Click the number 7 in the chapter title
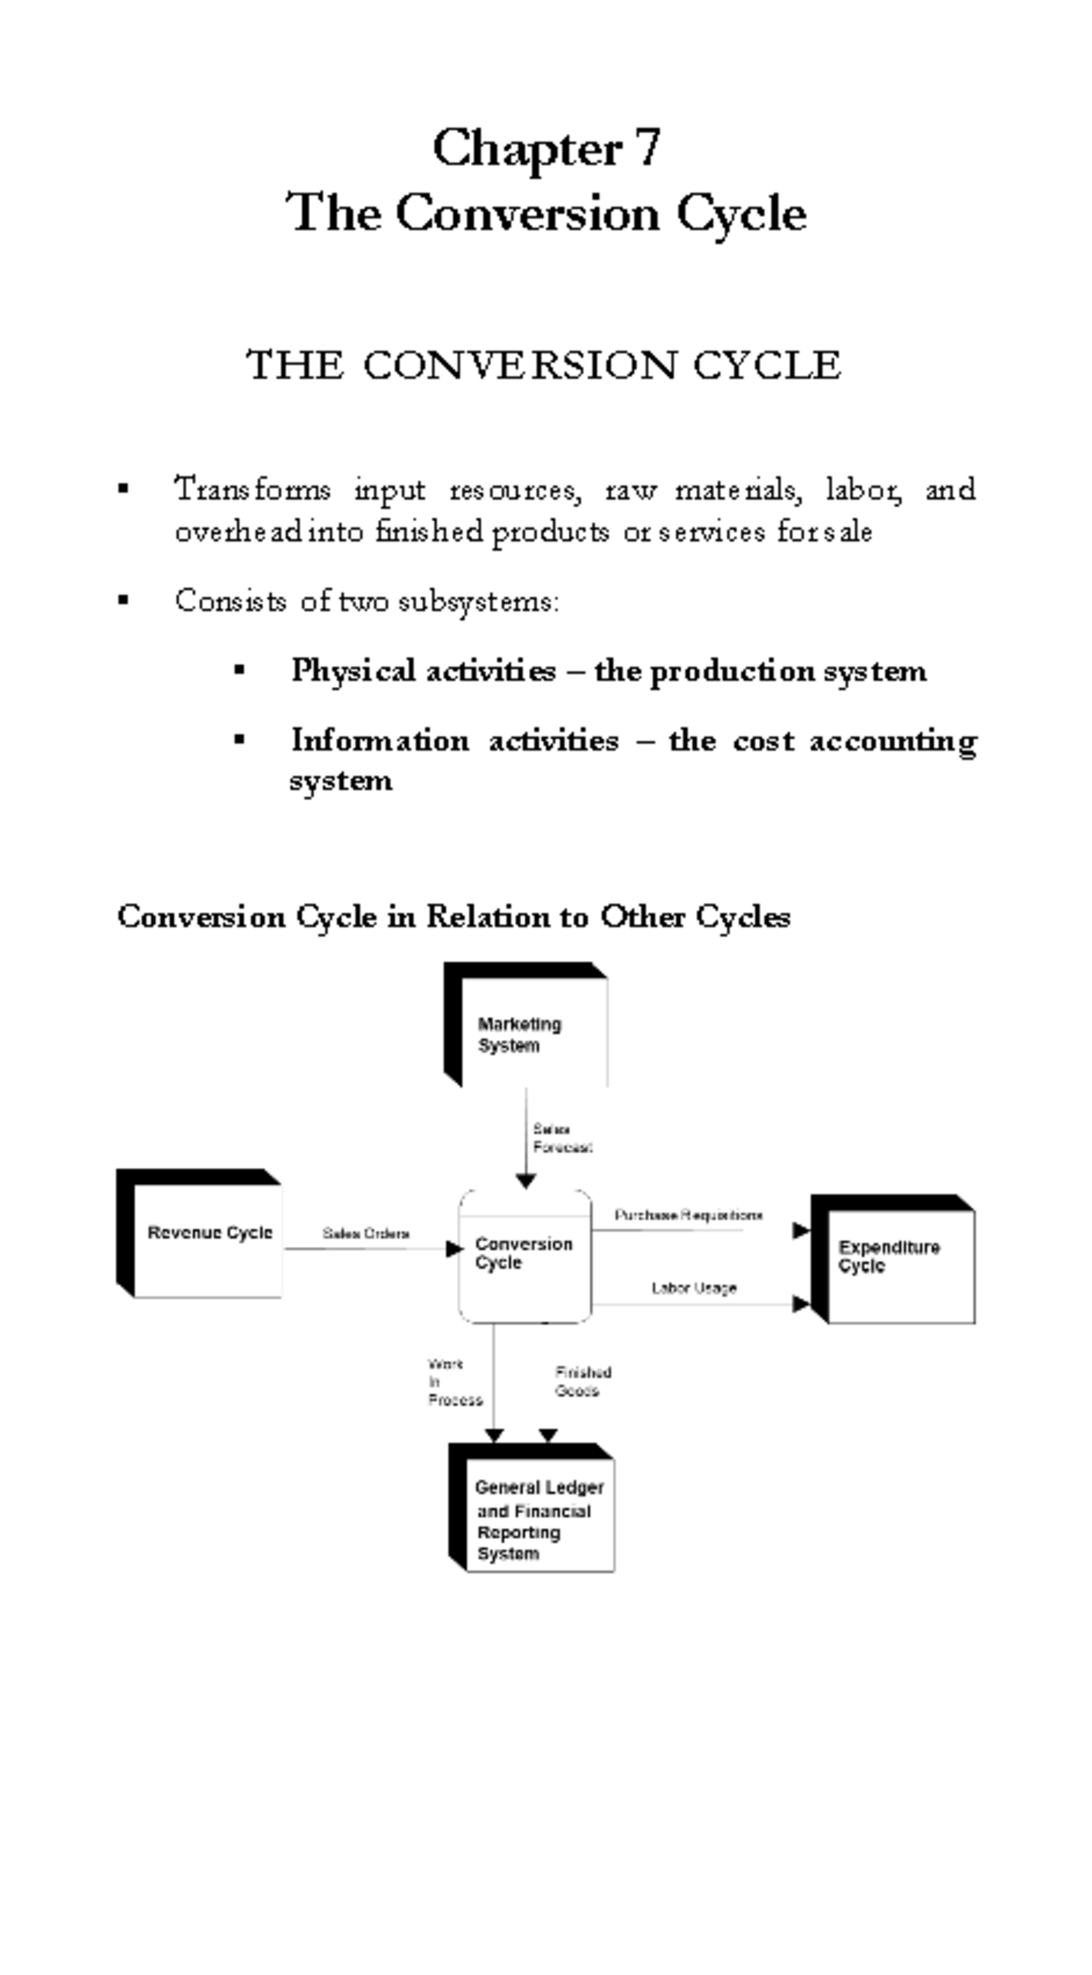[x=648, y=147]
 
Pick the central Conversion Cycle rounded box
[x=524, y=1254]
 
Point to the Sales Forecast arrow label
[x=561, y=1139]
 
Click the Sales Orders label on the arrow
[x=366, y=1234]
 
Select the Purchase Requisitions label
[x=688, y=1215]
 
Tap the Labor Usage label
[x=693, y=1288]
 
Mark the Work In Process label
[x=453, y=1382]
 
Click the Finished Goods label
[x=582, y=1382]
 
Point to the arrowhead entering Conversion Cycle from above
[x=526, y=1181]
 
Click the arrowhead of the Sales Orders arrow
[x=455, y=1250]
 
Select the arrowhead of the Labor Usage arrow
[x=801, y=1304]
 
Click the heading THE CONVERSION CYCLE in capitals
[x=544, y=366]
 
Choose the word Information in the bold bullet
[x=379, y=741]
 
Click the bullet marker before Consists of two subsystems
[x=124, y=601]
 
